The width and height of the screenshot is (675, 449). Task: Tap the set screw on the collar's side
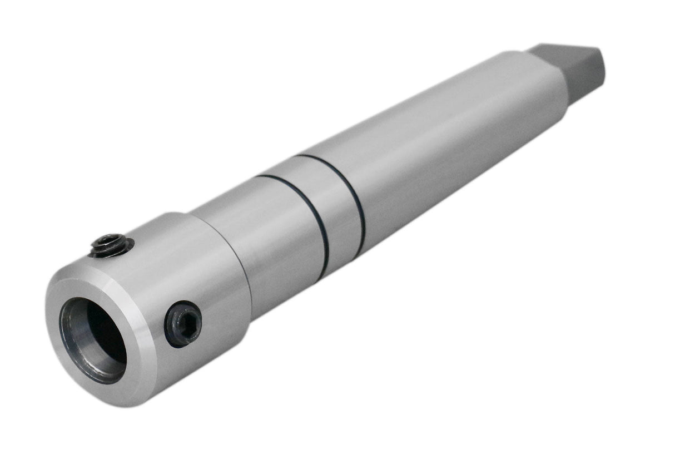click(183, 323)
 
